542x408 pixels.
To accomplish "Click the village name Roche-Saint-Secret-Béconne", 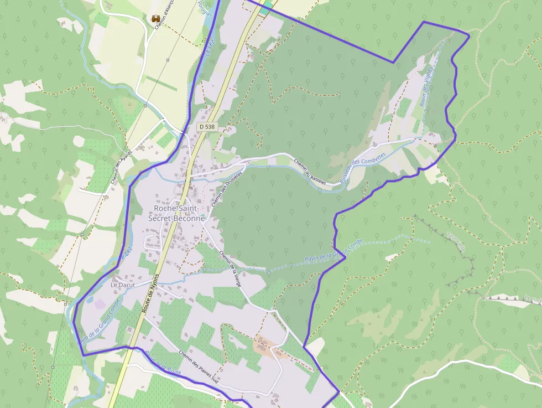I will point(176,213).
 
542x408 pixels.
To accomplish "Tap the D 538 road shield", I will point(206,127).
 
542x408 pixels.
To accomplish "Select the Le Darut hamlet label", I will point(123,285).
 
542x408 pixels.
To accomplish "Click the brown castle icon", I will point(156,19).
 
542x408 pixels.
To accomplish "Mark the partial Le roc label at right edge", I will point(533,299).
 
